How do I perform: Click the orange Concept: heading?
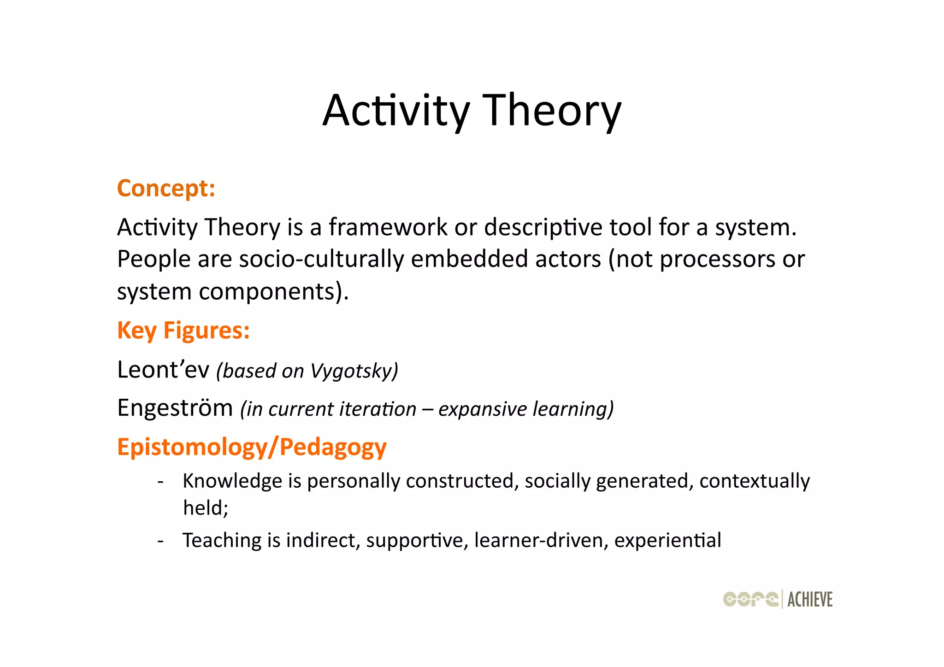click(166, 189)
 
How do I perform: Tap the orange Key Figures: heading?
click(183, 331)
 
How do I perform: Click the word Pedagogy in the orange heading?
click(333, 448)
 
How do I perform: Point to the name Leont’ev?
click(163, 370)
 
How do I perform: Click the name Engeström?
click(175, 408)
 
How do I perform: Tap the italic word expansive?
click(482, 409)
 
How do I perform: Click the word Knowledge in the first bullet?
click(232, 481)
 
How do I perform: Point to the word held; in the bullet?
click(206, 508)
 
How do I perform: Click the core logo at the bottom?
click(750, 599)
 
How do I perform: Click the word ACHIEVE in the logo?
click(810, 600)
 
